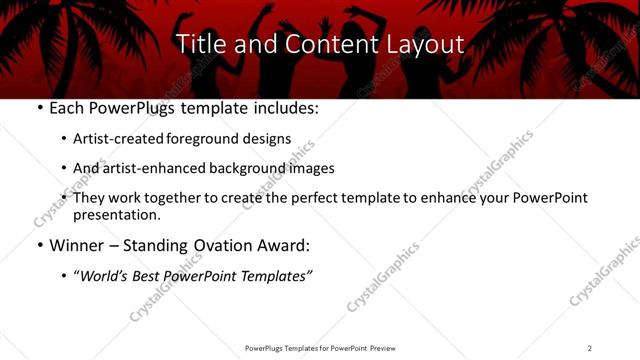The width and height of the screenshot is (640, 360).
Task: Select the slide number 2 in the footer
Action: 589,348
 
